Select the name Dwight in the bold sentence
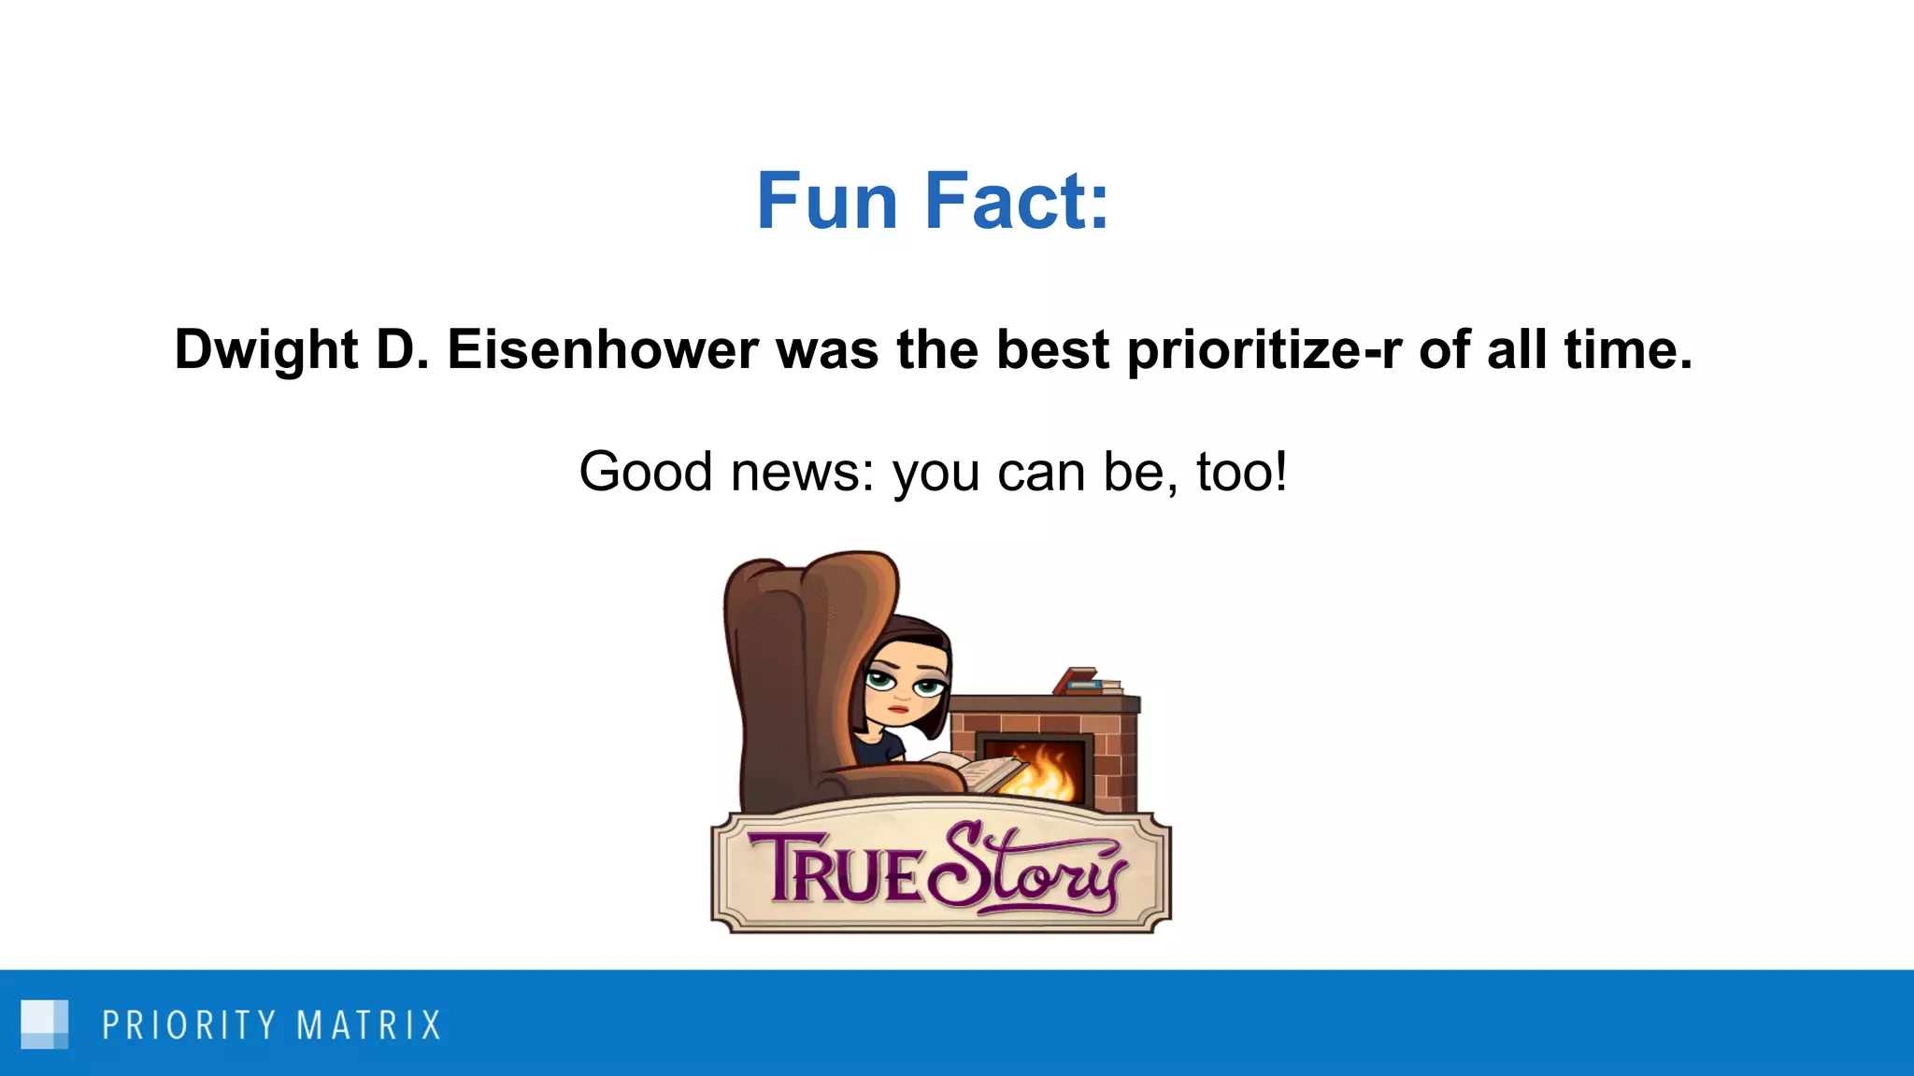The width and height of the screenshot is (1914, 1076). tap(266, 351)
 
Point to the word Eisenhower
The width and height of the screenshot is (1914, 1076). tap(602, 350)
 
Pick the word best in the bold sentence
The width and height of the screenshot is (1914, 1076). tap(1052, 350)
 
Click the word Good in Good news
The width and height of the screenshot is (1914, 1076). tap(646, 472)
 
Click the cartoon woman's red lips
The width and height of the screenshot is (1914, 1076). tap(899, 708)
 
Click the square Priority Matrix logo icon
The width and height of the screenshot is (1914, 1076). tap(44, 1025)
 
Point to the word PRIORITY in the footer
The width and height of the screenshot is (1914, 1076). tap(189, 1026)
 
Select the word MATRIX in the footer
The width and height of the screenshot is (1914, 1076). tap(368, 1026)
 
